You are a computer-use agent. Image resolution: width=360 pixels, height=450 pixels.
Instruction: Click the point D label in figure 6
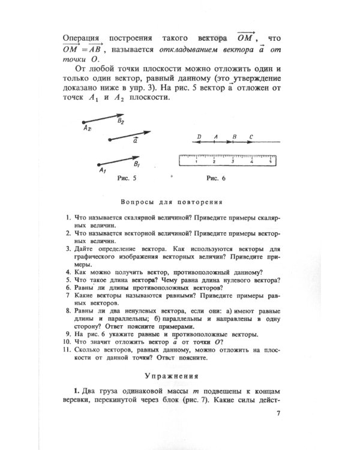tap(199, 137)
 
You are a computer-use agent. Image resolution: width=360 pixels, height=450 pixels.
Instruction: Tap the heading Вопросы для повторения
tap(172, 202)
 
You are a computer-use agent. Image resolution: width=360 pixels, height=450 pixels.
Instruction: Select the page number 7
tap(278, 413)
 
